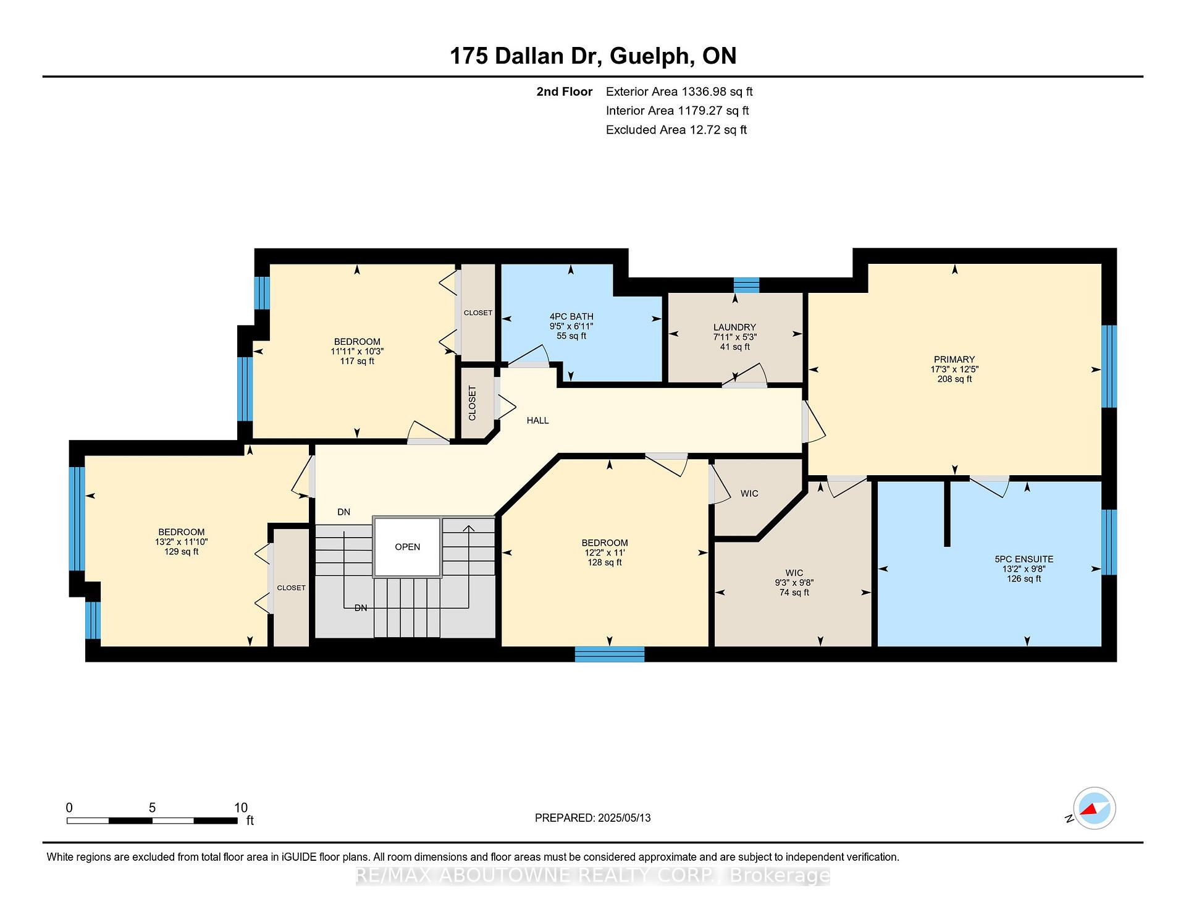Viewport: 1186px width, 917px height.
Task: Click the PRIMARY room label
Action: click(954, 359)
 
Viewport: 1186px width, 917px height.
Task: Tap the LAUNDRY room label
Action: click(734, 327)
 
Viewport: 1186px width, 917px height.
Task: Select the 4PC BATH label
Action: click(571, 316)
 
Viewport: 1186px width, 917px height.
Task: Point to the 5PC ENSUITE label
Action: click(1024, 559)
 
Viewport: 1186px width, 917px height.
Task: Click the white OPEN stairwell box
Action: click(407, 547)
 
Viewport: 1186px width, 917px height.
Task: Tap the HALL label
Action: click(537, 420)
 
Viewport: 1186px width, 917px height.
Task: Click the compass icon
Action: click(1094, 808)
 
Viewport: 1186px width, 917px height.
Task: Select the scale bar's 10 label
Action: click(241, 808)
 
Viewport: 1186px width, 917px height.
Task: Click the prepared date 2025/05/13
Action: click(624, 818)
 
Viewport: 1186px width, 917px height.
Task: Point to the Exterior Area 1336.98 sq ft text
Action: click(679, 91)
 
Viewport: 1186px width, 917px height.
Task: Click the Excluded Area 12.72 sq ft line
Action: click(676, 130)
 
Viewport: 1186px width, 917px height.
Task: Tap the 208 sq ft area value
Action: click(954, 379)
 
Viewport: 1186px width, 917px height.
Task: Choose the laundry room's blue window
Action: click(746, 285)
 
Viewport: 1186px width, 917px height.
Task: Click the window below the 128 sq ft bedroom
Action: click(610, 654)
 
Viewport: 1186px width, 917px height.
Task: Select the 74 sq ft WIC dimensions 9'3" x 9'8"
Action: click(794, 583)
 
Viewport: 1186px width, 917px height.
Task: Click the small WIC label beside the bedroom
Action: click(749, 493)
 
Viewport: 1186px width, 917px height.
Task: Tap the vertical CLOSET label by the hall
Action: click(473, 403)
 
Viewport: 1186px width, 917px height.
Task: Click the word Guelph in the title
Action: click(649, 56)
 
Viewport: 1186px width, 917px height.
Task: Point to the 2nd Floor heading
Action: click(564, 91)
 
